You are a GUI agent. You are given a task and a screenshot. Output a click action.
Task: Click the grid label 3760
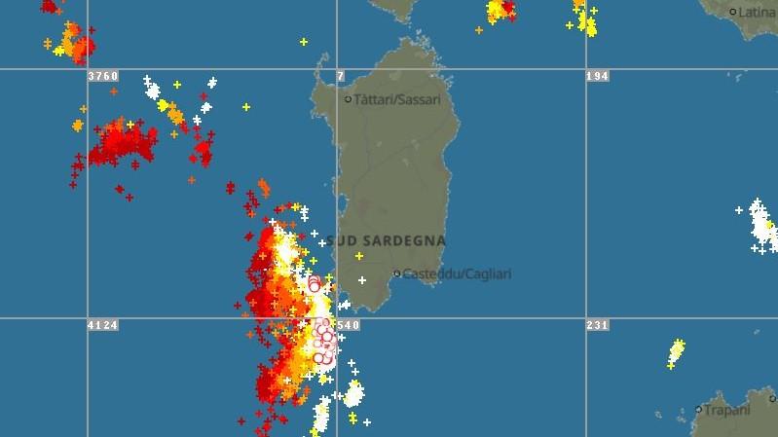click(102, 76)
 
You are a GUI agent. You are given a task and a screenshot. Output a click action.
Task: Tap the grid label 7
click(340, 76)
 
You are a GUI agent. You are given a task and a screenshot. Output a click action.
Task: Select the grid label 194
click(597, 76)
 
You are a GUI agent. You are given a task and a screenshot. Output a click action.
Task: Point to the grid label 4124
click(102, 325)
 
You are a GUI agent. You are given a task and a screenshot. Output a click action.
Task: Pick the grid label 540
click(348, 325)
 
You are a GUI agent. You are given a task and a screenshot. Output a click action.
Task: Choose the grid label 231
click(597, 325)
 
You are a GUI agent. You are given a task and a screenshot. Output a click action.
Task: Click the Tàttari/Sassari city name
click(399, 99)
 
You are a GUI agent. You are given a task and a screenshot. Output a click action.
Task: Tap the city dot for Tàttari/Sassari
click(349, 99)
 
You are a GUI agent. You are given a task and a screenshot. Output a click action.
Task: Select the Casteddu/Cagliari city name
click(456, 273)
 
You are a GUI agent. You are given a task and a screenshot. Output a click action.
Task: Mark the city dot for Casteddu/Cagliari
click(397, 273)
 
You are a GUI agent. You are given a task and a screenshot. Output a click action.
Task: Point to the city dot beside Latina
click(733, 13)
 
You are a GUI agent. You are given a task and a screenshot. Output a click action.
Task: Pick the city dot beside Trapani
click(698, 410)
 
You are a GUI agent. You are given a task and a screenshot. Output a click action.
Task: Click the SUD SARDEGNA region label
click(387, 240)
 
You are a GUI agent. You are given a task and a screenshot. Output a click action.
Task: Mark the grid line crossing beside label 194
click(586, 68)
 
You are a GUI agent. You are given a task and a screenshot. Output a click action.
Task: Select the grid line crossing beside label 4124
click(88, 317)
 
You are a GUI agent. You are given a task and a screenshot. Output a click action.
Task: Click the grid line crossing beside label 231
click(586, 317)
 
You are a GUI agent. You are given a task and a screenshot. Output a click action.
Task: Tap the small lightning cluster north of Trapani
click(675, 351)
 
